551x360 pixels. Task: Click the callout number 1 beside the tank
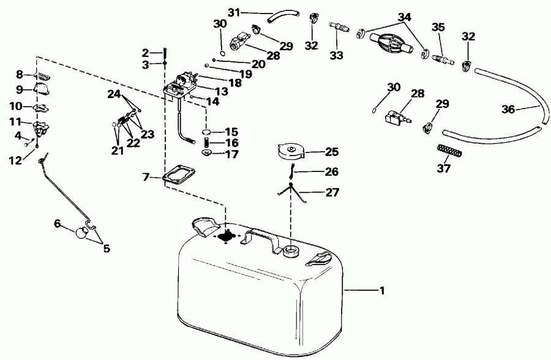pos(383,291)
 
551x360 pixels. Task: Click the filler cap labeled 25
pos(291,151)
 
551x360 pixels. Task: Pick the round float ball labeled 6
pos(81,233)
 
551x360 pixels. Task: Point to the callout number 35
pos(438,27)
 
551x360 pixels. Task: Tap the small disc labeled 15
pos(208,132)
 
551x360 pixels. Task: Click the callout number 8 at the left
pos(20,75)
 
